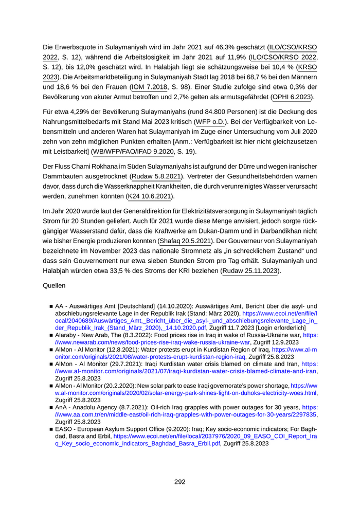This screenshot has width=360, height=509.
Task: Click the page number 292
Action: pyautogui.click(x=179, y=482)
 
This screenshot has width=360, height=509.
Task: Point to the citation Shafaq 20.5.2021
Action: pyautogui.click(x=185, y=241)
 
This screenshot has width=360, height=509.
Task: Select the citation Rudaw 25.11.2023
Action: pyautogui.click(x=250, y=270)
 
